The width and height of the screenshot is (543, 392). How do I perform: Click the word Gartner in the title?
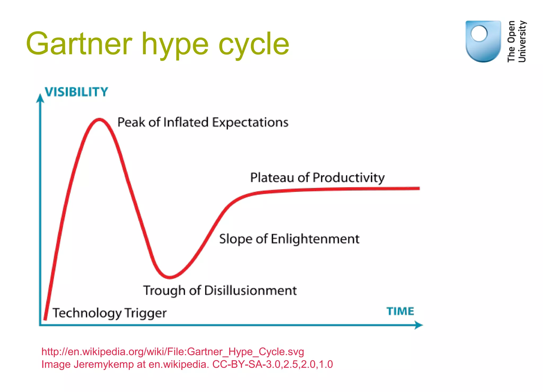coord(79,44)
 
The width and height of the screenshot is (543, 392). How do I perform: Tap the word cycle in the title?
coord(254,45)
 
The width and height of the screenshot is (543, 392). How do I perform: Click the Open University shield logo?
coord(483,41)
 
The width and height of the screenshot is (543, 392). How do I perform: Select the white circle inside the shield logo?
coord(479,34)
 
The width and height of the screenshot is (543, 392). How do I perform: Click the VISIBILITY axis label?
coord(76,92)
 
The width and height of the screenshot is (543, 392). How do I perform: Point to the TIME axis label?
coord(400,311)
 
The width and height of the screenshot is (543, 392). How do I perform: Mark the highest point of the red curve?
coord(99,120)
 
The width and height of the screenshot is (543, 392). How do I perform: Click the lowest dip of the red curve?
coord(169,277)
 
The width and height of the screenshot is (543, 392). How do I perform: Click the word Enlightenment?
coord(315,239)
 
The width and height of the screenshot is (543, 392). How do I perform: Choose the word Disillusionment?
coord(250,290)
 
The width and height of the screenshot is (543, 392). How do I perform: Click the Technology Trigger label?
coord(110,313)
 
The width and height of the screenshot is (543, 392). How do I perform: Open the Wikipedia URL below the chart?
coord(173,352)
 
